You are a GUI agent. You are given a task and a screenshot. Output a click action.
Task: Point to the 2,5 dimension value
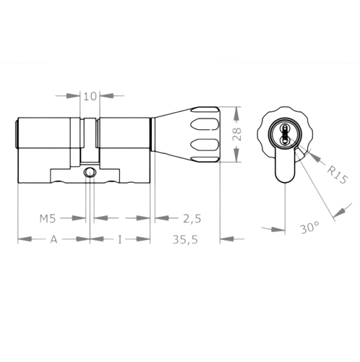click(192, 217)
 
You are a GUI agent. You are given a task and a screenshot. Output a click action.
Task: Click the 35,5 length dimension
click(186, 240)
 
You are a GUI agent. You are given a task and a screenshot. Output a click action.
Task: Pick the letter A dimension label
click(52, 240)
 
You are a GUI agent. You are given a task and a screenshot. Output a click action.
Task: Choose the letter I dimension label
click(119, 240)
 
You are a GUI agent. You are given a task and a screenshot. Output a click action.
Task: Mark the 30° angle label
click(309, 228)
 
